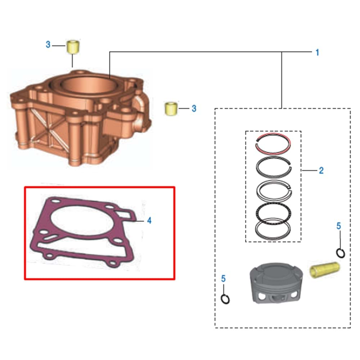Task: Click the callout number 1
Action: (317, 53)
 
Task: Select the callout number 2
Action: (321, 170)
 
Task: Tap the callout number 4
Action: (149, 220)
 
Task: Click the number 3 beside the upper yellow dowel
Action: (48, 45)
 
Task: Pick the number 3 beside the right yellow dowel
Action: (194, 108)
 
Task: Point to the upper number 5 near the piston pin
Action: (338, 226)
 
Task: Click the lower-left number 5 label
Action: (223, 278)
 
